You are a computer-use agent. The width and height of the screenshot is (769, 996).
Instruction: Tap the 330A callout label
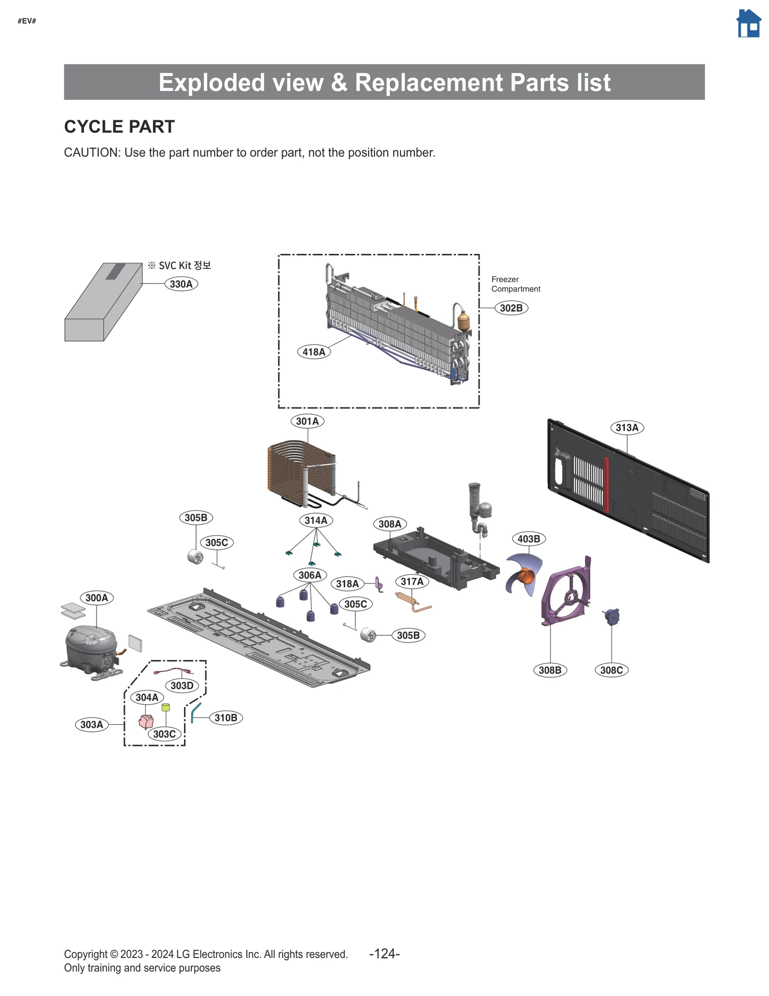point(181,284)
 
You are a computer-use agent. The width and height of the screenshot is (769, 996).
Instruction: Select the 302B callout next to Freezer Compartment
point(511,308)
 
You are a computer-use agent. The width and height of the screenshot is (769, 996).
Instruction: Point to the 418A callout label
point(314,352)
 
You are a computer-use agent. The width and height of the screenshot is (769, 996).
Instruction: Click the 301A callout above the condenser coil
point(307,421)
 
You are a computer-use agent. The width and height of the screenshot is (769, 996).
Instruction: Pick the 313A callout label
point(627,428)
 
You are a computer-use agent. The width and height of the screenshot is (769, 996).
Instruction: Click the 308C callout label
point(611,670)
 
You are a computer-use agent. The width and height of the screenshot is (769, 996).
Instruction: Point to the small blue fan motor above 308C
point(612,616)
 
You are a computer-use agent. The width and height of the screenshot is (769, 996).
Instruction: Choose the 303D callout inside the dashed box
point(182,686)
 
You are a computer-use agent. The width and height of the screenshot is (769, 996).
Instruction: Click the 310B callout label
point(225,718)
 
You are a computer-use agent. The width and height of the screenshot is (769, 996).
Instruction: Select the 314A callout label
point(316,520)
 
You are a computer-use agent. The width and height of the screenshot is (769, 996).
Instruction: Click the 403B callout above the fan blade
point(529,539)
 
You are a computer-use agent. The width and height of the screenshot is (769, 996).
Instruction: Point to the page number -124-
point(384,954)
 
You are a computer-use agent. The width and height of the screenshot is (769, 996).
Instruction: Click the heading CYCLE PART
point(119,127)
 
